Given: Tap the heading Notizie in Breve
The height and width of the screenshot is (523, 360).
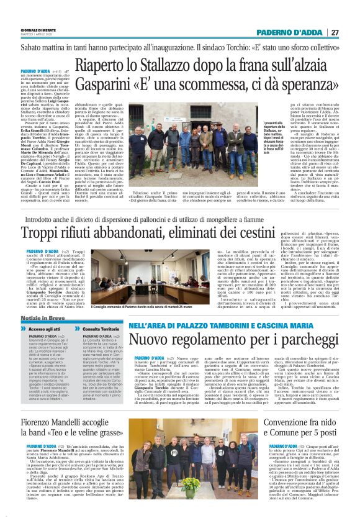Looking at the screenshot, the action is [x=42, y=317].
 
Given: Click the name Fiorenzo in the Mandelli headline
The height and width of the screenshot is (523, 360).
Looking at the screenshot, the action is [x=40, y=406].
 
